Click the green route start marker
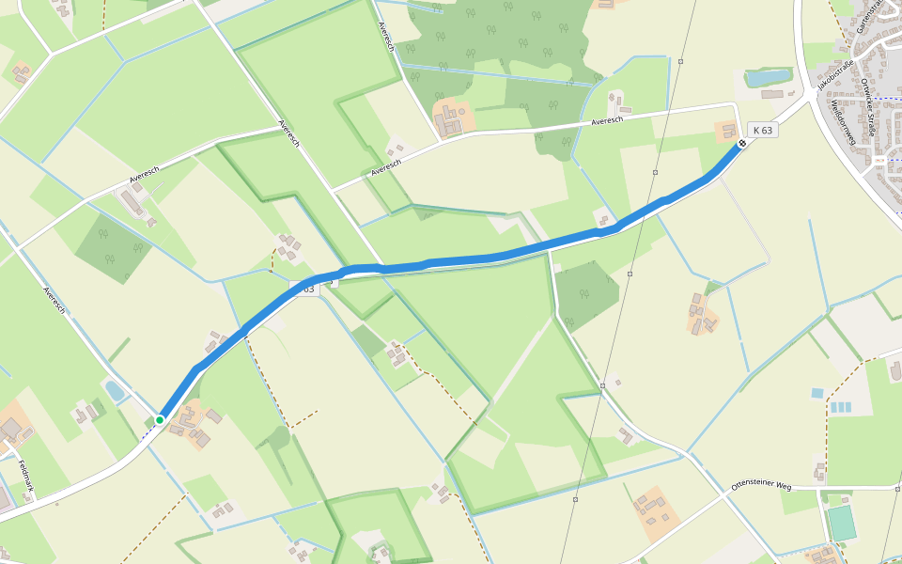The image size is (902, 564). coord(160,419)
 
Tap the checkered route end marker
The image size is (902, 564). coord(742,144)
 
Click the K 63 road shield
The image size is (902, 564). coord(763,130)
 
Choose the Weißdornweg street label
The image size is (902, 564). coord(842,122)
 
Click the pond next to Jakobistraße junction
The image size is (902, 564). coord(769,78)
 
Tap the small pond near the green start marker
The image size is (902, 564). coord(114,390)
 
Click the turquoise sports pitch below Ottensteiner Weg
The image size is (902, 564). coord(842,524)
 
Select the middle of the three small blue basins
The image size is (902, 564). coord(840,408)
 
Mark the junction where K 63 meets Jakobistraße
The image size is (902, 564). coord(810,96)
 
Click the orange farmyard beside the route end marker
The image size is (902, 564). coord(726,131)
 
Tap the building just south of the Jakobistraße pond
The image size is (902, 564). coord(771,94)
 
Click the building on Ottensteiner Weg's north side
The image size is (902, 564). coord(819,470)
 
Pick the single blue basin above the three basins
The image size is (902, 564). coord(816,392)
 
